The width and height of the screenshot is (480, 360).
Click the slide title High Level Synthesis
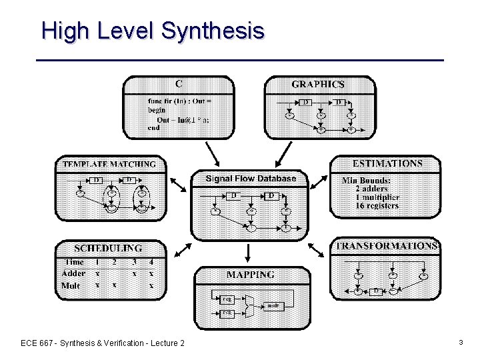coord(153,31)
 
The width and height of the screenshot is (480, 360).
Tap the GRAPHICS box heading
coord(318,85)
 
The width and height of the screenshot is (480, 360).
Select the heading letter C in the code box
coord(179,84)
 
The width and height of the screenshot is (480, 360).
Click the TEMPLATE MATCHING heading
coord(109,163)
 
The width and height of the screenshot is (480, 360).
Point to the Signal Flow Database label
coord(251,179)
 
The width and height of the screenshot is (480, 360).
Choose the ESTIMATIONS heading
coord(387,163)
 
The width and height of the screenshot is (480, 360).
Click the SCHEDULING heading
coord(108,248)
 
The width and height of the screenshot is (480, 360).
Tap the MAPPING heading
coord(250,275)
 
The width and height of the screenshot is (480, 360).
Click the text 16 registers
coord(377,205)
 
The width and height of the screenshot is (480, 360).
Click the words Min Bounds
coord(366,180)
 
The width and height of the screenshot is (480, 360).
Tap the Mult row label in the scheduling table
coord(70,285)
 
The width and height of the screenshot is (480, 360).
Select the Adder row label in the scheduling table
coord(73,273)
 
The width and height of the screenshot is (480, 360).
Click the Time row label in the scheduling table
coord(73,262)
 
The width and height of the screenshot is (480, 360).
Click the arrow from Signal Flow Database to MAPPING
coord(248,253)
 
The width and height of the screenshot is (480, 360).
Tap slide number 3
coord(461,342)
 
